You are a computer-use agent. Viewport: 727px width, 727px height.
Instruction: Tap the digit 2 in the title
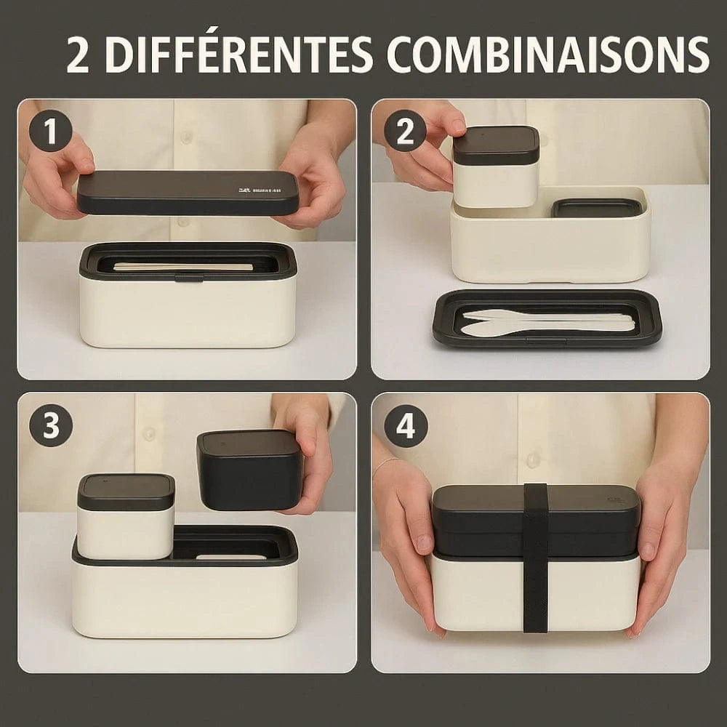pyautogui.click(x=79, y=55)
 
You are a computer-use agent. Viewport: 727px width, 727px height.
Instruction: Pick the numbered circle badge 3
pyautogui.click(x=51, y=425)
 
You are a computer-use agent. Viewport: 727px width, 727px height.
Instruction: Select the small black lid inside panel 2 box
pyautogui.click(x=597, y=208)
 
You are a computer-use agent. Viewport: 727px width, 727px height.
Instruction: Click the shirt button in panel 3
pyautogui.click(x=149, y=433)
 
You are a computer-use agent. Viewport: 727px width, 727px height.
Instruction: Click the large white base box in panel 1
pyautogui.click(x=188, y=313)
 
